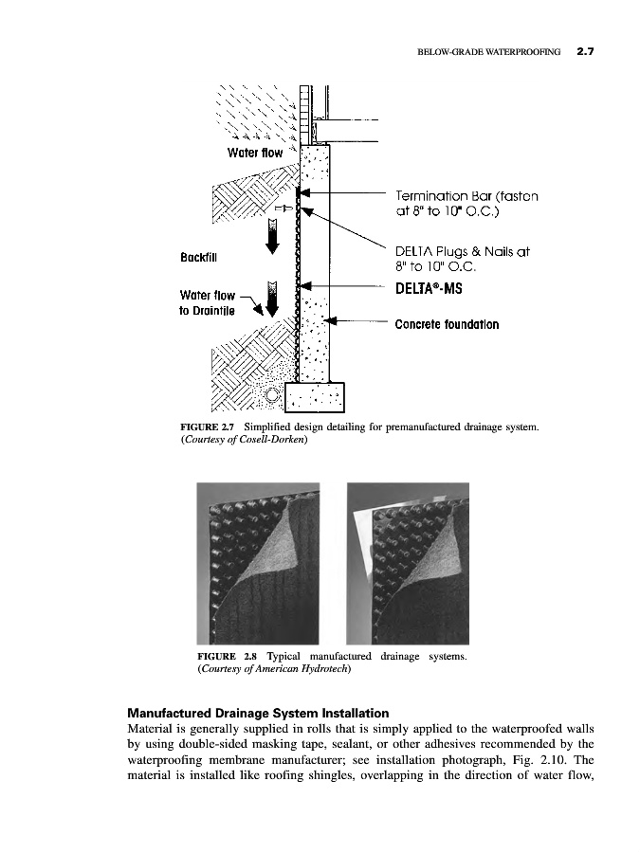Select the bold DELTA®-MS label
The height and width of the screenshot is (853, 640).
click(428, 283)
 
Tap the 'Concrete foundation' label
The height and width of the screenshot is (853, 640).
click(447, 324)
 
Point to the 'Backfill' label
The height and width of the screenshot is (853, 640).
click(200, 257)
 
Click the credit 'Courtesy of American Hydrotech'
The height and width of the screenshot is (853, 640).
click(274, 669)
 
